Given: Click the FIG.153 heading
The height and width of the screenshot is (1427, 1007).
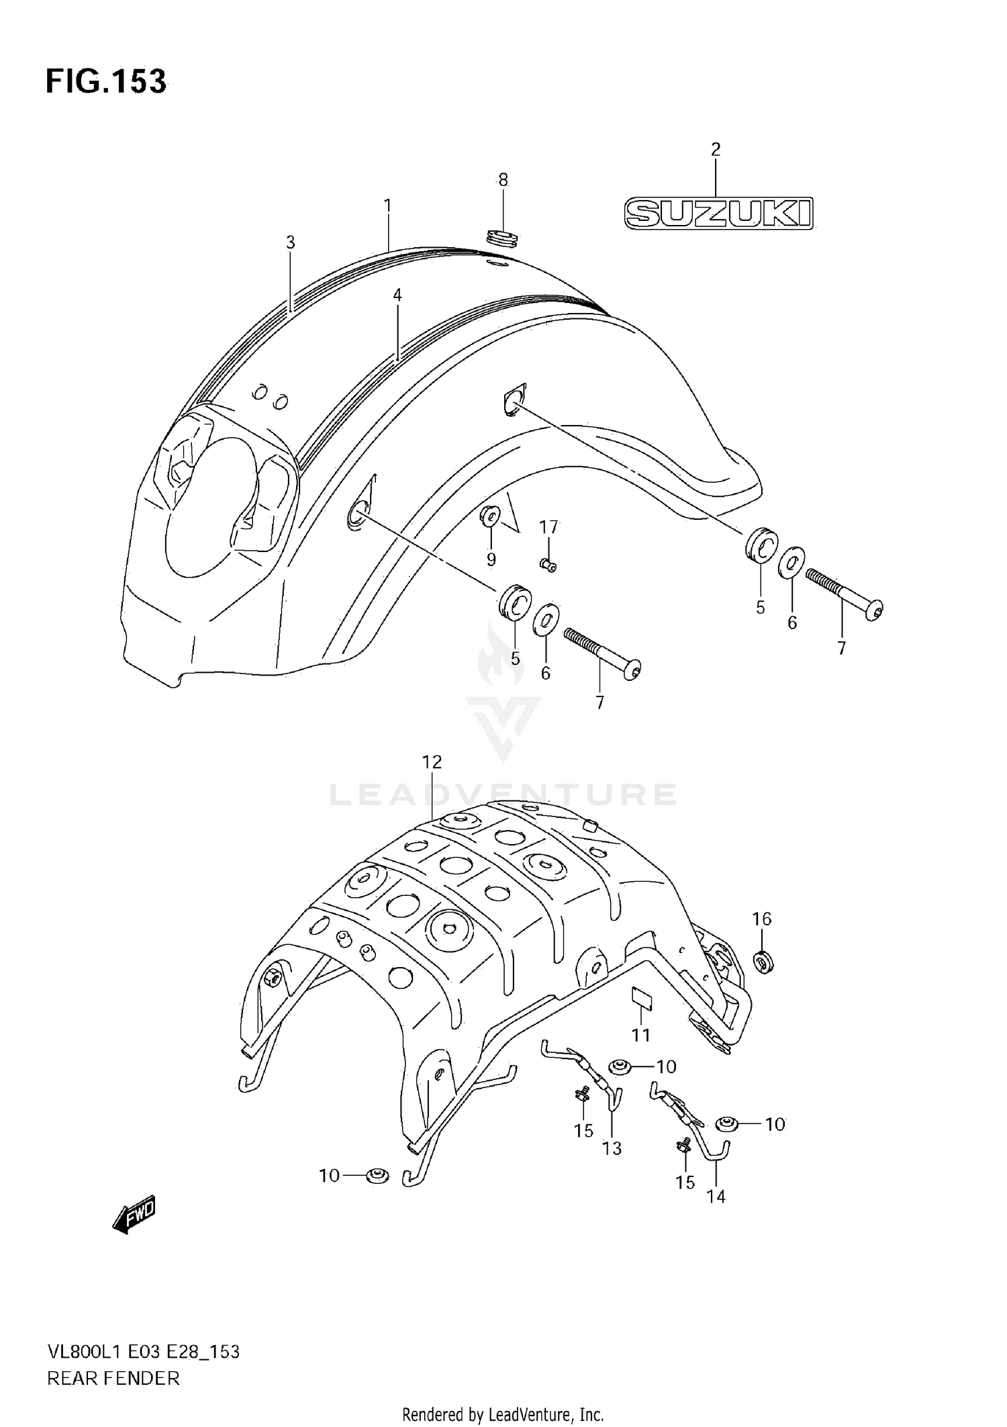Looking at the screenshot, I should [x=106, y=81].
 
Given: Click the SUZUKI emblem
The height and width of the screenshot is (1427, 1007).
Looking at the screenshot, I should [x=718, y=214].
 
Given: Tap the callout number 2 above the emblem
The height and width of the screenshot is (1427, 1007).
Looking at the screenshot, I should [x=716, y=149].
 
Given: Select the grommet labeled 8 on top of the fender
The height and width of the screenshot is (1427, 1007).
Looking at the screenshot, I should [x=503, y=237].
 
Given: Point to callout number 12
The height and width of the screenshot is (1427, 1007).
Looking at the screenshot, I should [x=432, y=762].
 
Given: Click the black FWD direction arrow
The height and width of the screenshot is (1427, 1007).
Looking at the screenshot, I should [x=134, y=1213].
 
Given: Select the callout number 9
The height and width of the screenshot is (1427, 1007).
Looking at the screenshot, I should [x=491, y=559].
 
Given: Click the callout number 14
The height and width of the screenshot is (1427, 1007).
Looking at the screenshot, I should [x=716, y=1196].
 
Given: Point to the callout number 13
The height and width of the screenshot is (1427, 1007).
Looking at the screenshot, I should [x=612, y=1148].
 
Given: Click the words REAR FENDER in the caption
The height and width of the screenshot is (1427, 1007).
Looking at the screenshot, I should [x=113, y=1378].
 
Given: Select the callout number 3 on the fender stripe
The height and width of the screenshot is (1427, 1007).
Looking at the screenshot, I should [x=290, y=242].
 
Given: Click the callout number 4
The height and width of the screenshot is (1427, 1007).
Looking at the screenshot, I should [x=397, y=294].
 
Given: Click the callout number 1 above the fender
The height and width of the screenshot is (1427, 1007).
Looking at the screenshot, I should [x=387, y=205].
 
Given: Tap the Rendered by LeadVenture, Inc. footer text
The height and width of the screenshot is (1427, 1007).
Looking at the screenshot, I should [x=503, y=1414].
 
